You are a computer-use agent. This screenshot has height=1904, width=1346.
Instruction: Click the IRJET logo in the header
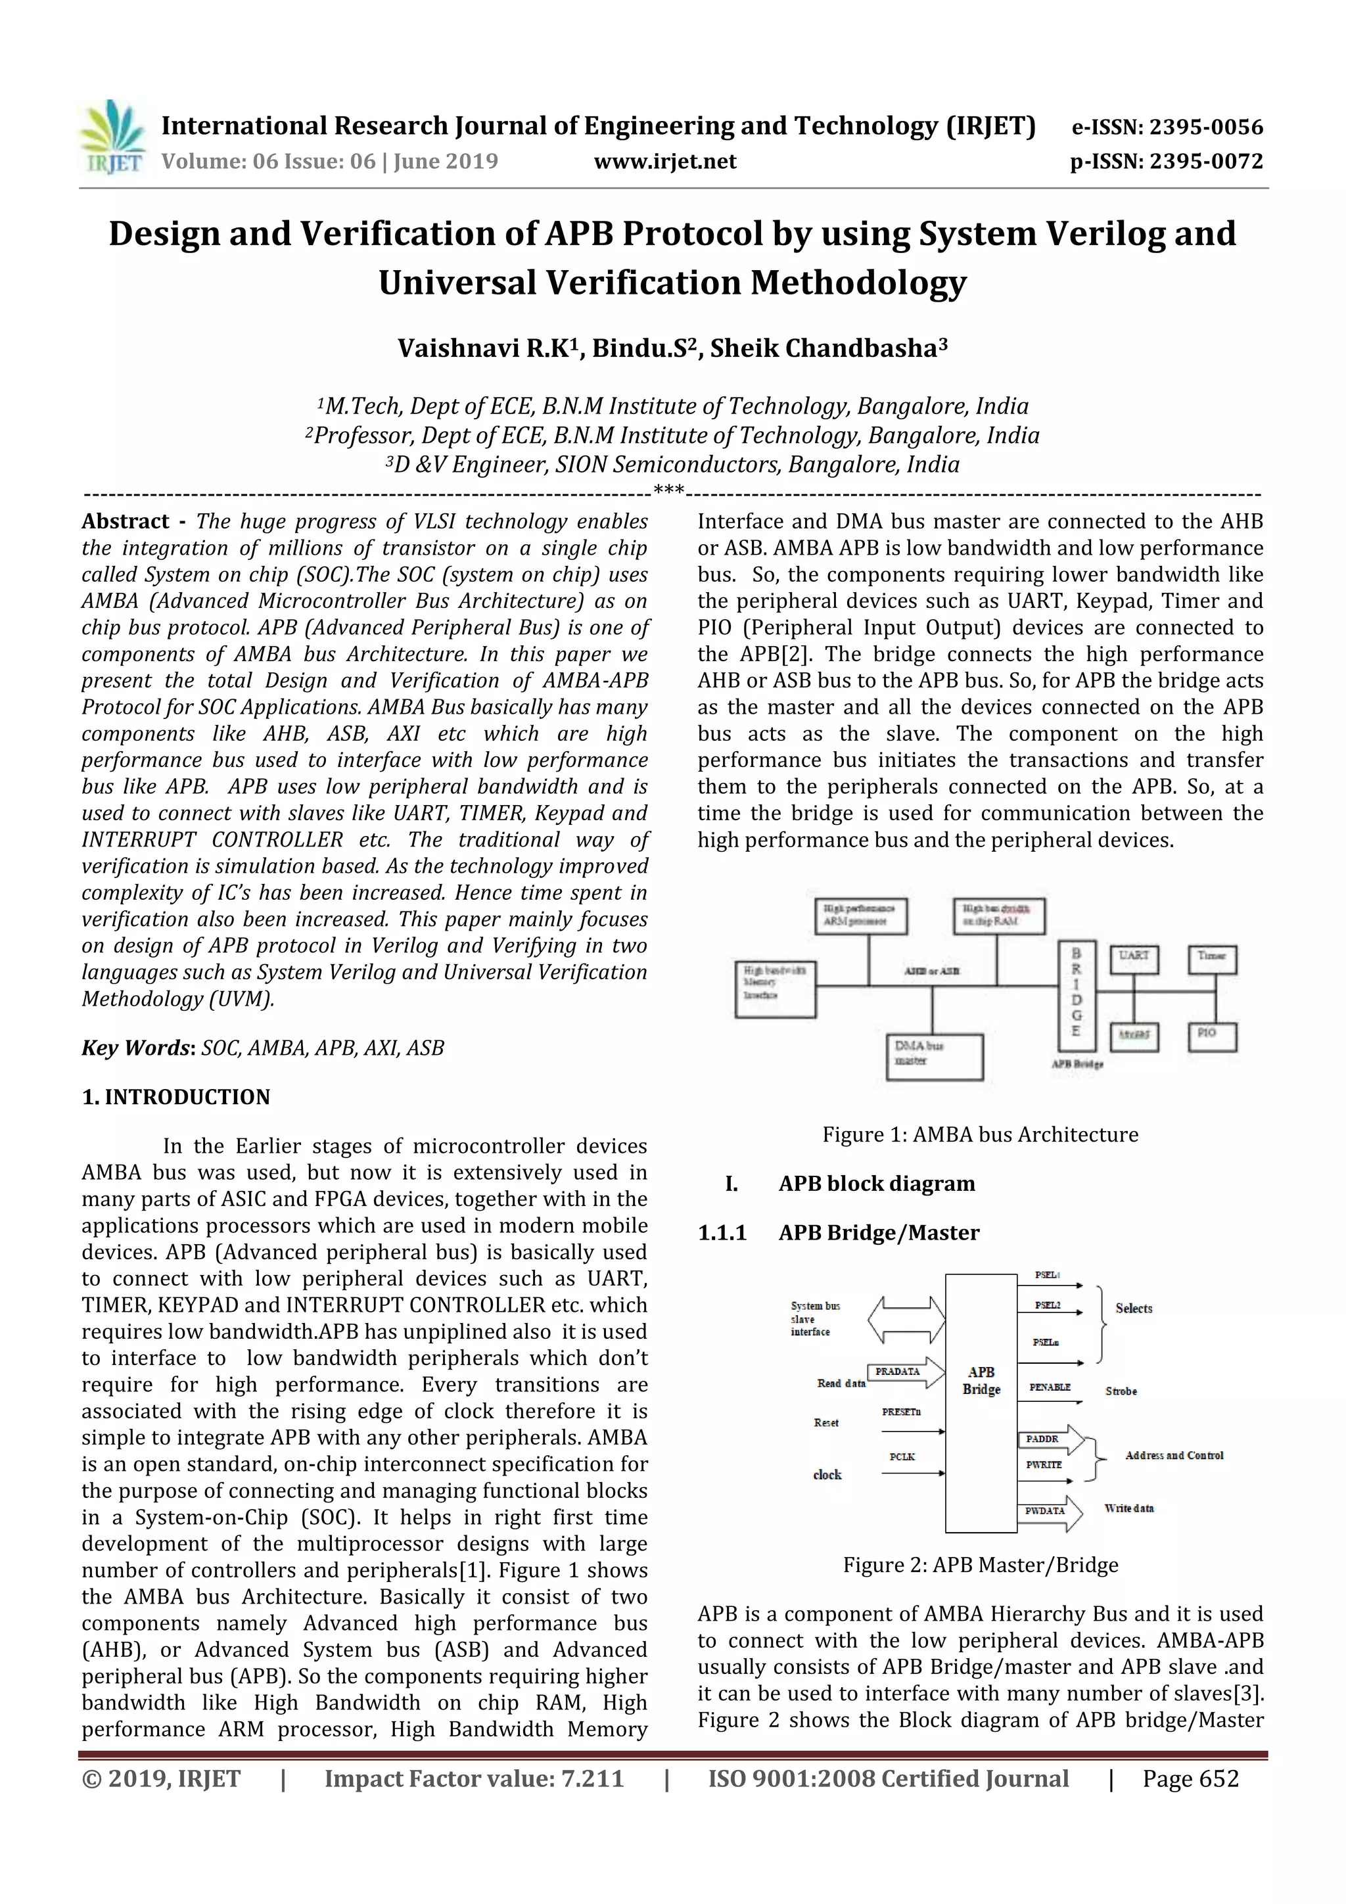[112, 137]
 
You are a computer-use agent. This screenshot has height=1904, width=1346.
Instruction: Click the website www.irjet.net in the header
[665, 162]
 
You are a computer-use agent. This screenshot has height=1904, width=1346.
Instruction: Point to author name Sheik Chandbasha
[827, 348]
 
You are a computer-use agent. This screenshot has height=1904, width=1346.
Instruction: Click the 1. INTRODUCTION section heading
[176, 1097]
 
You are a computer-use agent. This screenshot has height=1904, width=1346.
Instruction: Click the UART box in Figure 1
[1134, 959]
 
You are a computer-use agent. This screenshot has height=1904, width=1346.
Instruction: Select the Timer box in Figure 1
[1212, 959]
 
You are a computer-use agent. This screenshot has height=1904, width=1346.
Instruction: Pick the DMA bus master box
[934, 1056]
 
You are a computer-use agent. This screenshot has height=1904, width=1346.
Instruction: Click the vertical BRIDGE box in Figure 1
[1077, 995]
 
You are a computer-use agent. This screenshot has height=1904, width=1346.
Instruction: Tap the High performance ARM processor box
[860, 916]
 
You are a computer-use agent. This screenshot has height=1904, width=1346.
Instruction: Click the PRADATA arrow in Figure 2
[905, 1372]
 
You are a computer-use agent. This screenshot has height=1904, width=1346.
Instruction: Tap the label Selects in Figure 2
[1134, 1309]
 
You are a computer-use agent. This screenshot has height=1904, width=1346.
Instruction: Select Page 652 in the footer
[1190, 1778]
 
